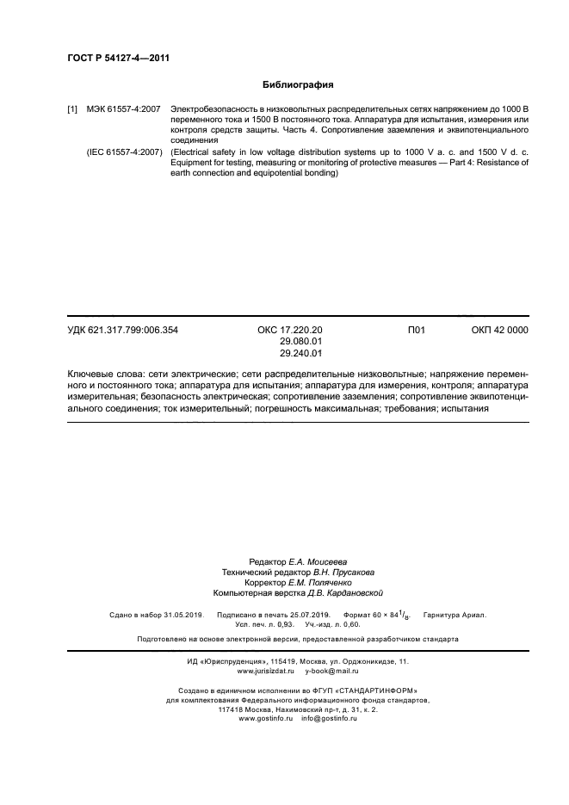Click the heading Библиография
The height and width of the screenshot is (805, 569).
pyautogui.click(x=297, y=85)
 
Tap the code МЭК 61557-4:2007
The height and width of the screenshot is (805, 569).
pyautogui.click(x=123, y=109)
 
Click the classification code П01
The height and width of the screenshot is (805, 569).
pyautogui.click(x=417, y=330)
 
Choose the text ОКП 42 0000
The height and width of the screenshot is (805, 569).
pyautogui.click(x=500, y=330)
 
